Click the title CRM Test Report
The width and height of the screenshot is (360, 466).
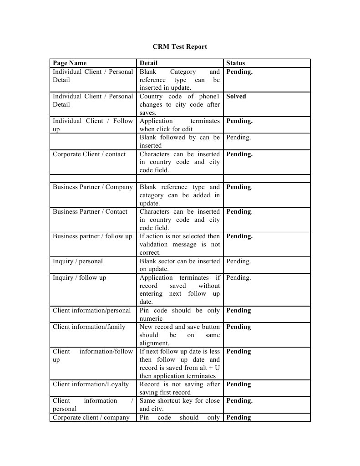(x=180, y=46)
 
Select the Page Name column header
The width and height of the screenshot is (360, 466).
(x=70, y=63)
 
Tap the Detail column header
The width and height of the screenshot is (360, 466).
(x=149, y=63)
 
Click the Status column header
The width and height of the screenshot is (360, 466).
(x=235, y=63)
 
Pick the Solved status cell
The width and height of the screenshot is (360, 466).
(x=236, y=97)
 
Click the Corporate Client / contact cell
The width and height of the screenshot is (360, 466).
(x=89, y=154)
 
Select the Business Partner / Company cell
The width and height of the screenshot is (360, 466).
(x=93, y=187)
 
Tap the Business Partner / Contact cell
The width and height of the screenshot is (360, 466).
(x=90, y=212)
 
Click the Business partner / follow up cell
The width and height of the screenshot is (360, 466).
(x=92, y=236)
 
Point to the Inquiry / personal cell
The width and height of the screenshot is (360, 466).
(x=78, y=261)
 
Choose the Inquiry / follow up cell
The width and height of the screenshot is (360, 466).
(x=79, y=278)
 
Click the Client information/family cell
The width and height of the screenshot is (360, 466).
(x=89, y=327)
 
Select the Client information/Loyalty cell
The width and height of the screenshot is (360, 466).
(x=91, y=384)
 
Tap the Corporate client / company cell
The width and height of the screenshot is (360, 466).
(x=91, y=418)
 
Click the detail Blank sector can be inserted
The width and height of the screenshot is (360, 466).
(x=179, y=261)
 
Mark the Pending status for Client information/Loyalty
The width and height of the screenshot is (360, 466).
(x=238, y=384)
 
